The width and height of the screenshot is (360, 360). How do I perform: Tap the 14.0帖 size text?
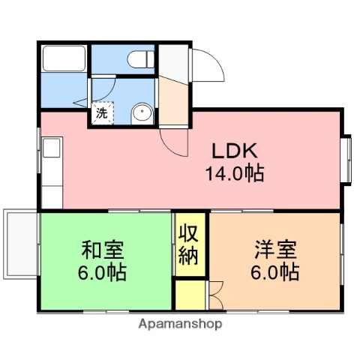pyautogui.click(x=235, y=174)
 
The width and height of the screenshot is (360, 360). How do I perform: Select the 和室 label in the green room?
pyautogui.click(x=103, y=248)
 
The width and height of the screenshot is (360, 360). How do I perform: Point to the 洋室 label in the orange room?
pyautogui.click(x=275, y=248)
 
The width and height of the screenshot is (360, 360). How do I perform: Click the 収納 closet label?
pyautogui.click(x=188, y=244)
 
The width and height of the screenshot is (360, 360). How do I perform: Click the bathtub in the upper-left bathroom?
pyautogui.click(x=64, y=58)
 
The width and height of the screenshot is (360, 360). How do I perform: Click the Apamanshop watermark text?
pyautogui.click(x=180, y=325)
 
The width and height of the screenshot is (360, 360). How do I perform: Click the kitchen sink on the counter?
pyautogui.click(x=51, y=148)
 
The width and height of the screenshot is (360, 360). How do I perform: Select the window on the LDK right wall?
pyautogui.click(x=347, y=159)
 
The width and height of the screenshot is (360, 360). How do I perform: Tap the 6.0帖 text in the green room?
pyautogui.click(x=103, y=271)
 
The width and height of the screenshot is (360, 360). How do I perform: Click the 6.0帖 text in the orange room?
pyautogui.click(x=275, y=271)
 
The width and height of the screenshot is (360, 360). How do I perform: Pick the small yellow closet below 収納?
pyautogui.click(x=189, y=294)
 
